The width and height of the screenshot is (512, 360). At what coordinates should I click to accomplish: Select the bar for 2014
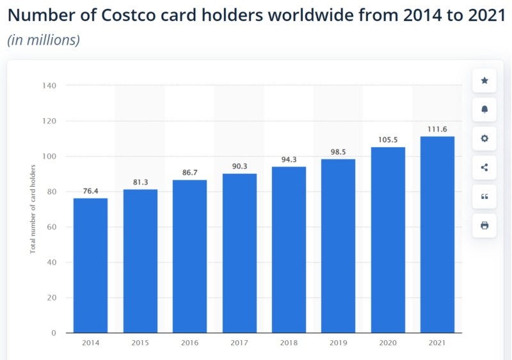[x=90, y=265]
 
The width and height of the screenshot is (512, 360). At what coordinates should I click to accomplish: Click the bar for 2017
[x=239, y=253]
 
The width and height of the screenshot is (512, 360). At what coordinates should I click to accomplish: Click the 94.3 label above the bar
[x=289, y=160]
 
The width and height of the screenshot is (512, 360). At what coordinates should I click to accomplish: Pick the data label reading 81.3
[x=140, y=182]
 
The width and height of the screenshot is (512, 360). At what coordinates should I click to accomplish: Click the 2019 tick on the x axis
[x=338, y=343]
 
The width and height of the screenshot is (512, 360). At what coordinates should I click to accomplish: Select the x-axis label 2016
[x=189, y=343]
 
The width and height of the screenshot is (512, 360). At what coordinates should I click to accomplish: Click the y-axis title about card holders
[x=33, y=208]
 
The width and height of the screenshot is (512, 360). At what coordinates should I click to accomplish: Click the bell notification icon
[x=484, y=109]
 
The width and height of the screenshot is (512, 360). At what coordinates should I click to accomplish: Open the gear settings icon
[x=484, y=138]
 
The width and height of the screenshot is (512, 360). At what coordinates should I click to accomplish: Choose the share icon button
[x=484, y=168]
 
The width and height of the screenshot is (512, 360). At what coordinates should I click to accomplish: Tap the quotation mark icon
[x=484, y=196]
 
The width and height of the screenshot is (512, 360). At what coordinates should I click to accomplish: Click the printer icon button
[x=484, y=225]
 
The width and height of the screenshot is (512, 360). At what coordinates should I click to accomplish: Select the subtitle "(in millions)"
[x=44, y=40]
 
